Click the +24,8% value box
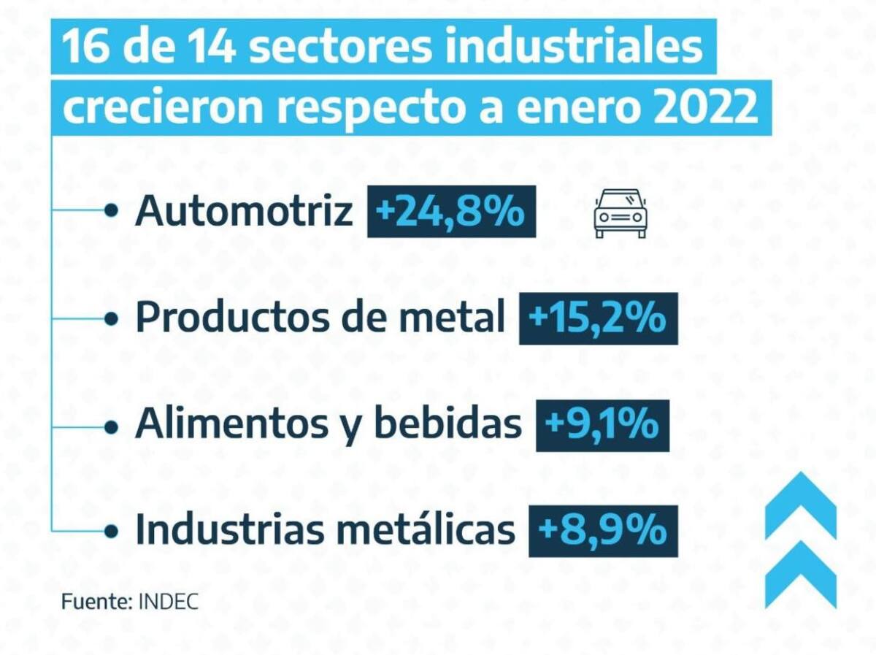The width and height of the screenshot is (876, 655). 451,212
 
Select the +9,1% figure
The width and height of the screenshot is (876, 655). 602,425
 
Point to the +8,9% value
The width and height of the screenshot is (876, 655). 602,531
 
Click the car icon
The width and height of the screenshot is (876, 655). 620,212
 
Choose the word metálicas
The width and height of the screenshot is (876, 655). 439,531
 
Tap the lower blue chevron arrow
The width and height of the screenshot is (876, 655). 800,573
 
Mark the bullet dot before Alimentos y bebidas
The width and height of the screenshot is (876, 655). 111,425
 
